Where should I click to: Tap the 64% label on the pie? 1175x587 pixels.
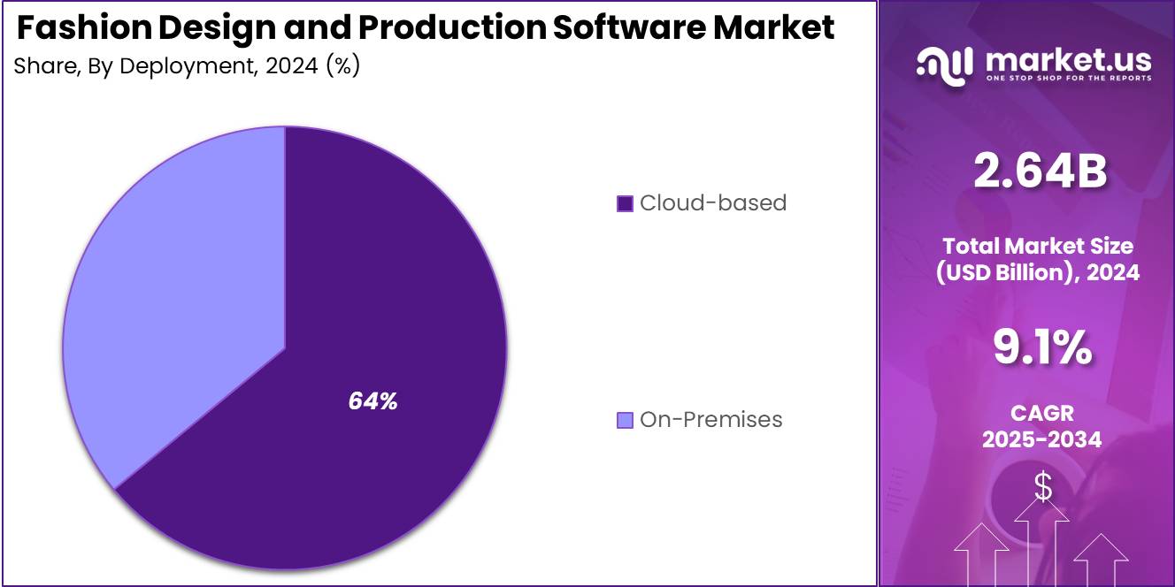click(x=372, y=401)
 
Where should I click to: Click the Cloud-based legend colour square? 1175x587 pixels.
click(x=625, y=203)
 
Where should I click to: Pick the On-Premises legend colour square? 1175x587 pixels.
click(x=625, y=420)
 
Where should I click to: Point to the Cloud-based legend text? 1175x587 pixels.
click(x=712, y=202)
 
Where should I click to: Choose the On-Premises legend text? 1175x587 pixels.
click(x=710, y=419)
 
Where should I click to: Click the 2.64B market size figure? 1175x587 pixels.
click(x=1039, y=172)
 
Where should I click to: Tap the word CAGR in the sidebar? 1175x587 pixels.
click(x=1041, y=413)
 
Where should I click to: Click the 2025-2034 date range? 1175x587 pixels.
click(x=1041, y=438)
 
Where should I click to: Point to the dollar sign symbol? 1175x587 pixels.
click(x=1043, y=487)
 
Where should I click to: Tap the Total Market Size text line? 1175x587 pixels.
click(x=1038, y=246)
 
